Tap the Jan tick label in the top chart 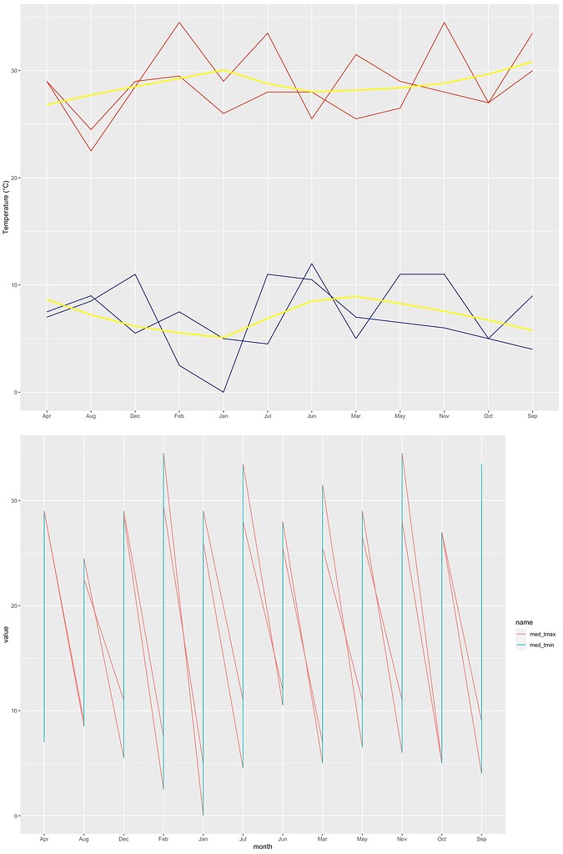click(224, 414)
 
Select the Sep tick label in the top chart click(531, 414)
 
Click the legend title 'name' click(524, 621)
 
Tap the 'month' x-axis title click(263, 846)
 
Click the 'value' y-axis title click(6, 638)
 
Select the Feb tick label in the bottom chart click(163, 836)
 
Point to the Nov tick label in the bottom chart click(402, 836)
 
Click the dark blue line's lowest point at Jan click(224, 392)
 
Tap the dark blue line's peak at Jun click(312, 264)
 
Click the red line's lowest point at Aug click(91, 151)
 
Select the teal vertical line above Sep click(481, 617)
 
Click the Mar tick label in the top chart click(355, 414)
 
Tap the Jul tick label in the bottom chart click(243, 836)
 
